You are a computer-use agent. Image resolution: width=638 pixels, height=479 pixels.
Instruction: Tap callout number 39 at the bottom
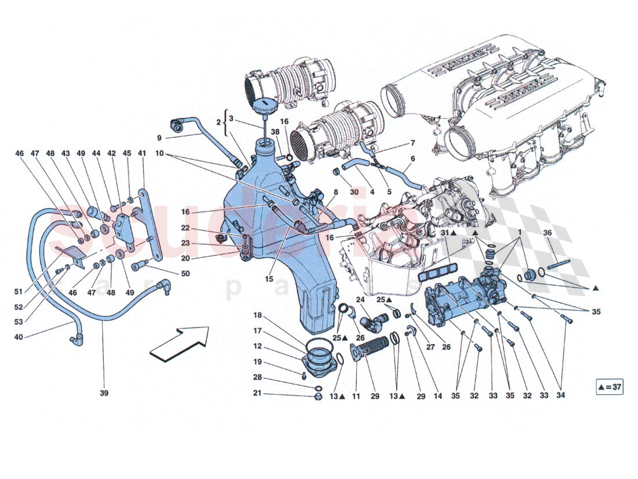[104, 394]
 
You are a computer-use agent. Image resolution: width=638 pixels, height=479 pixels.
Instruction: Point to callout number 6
[413, 159]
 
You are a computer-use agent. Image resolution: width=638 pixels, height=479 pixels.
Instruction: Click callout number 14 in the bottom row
[437, 396]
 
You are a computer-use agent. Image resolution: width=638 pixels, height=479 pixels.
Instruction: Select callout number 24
[360, 300]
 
